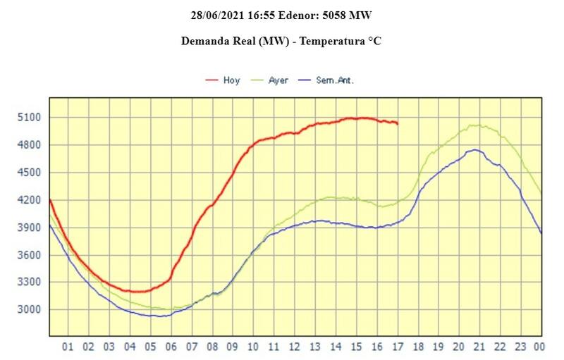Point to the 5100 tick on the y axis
click(x=30, y=118)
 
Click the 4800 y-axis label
click(x=30, y=145)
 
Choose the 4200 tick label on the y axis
click(x=30, y=200)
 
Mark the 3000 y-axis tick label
click(x=30, y=310)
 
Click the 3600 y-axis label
click(x=30, y=255)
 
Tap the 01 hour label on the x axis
click(x=68, y=347)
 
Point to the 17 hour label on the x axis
click(x=398, y=347)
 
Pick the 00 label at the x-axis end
click(x=540, y=347)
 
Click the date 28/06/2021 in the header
click(x=216, y=14)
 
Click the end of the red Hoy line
click(x=398, y=123)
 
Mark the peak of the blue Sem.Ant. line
click(x=477, y=149)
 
